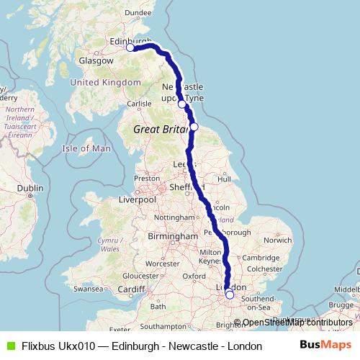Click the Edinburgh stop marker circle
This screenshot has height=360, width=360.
pyautogui.click(x=130, y=48)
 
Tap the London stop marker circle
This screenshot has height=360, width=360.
pyautogui.click(x=230, y=294)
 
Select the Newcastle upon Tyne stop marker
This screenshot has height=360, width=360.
pyautogui.click(x=182, y=104)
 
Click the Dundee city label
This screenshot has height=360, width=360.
pyautogui.click(x=138, y=12)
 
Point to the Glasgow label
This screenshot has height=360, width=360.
pyautogui.click(x=97, y=61)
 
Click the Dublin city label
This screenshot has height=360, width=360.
pyautogui.click(x=31, y=188)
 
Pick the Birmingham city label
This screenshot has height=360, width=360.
pyautogui.click(x=173, y=236)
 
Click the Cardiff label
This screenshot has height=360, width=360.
pyautogui.click(x=132, y=289)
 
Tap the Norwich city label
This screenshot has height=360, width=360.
pyautogui.click(x=277, y=240)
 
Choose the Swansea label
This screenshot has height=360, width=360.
pyautogui.click(x=88, y=288)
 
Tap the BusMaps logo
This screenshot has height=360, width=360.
pyautogui.click(x=325, y=346)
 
